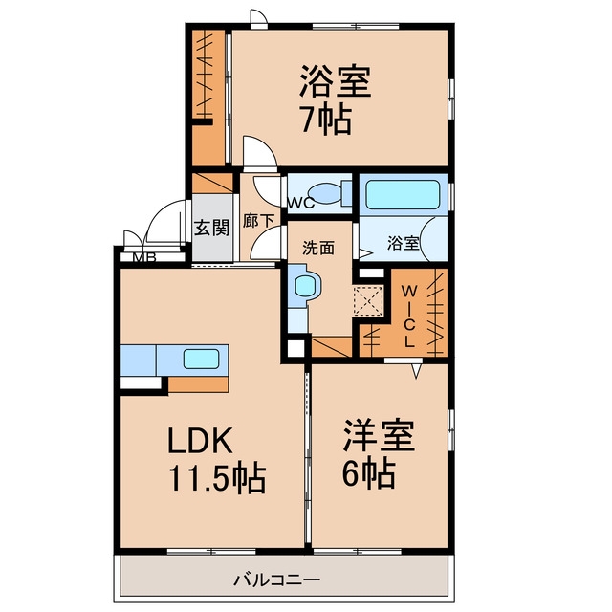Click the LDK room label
[x=200, y=440]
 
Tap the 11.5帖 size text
[x=217, y=478]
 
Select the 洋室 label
[x=379, y=436]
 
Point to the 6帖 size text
[x=369, y=473]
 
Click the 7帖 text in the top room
[x=327, y=120]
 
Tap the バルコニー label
[x=276, y=579]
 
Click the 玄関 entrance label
[x=211, y=228]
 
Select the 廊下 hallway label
[x=258, y=221]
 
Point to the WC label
[x=301, y=203]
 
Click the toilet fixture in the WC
[x=329, y=192]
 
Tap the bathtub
[x=403, y=194]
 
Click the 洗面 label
[x=318, y=248]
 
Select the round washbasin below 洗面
[x=305, y=286]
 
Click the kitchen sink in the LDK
[x=201, y=359]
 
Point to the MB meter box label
[x=144, y=257]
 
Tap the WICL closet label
[x=409, y=317]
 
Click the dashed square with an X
[x=368, y=300]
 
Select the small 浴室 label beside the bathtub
[x=404, y=243]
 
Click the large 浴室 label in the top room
[x=335, y=81]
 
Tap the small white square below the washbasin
[x=295, y=348]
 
